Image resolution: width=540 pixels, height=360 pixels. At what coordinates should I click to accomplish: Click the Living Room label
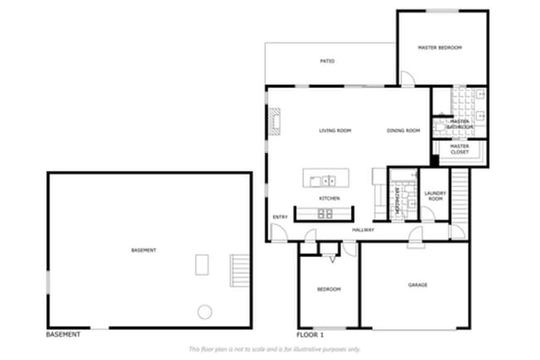click(x=336, y=131)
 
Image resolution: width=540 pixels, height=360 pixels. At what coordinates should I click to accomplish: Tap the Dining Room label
click(x=403, y=131)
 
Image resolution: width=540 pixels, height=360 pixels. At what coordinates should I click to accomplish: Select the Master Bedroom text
click(x=439, y=47)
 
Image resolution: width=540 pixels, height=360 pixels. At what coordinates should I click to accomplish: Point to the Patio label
click(x=327, y=61)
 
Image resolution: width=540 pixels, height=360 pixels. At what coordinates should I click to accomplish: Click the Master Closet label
click(x=459, y=149)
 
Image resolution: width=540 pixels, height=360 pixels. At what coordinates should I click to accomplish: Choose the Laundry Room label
click(x=435, y=197)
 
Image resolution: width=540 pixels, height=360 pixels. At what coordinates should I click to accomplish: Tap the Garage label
click(x=417, y=285)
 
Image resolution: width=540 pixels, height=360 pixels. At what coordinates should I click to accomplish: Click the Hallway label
click(x=363, y=230)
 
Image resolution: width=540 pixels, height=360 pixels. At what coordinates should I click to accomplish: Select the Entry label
click(x=280, y=218)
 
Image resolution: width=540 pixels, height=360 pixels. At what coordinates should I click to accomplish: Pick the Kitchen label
click(x=330, y=199)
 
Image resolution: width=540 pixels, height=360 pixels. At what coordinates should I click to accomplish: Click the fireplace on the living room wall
click(x=273, y=121)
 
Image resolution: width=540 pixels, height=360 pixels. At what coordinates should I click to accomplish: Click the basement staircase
click(x=239, y=269)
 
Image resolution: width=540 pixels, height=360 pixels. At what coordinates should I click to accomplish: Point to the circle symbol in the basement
click(x=204, y=312)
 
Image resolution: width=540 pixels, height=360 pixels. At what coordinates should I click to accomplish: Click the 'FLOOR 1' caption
click(x=312, y=334)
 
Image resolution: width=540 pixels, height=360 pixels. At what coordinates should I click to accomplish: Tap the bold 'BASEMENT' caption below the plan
click(x=63, y=334)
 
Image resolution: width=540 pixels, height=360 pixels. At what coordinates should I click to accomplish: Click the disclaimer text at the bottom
click(x=274, y=349)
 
